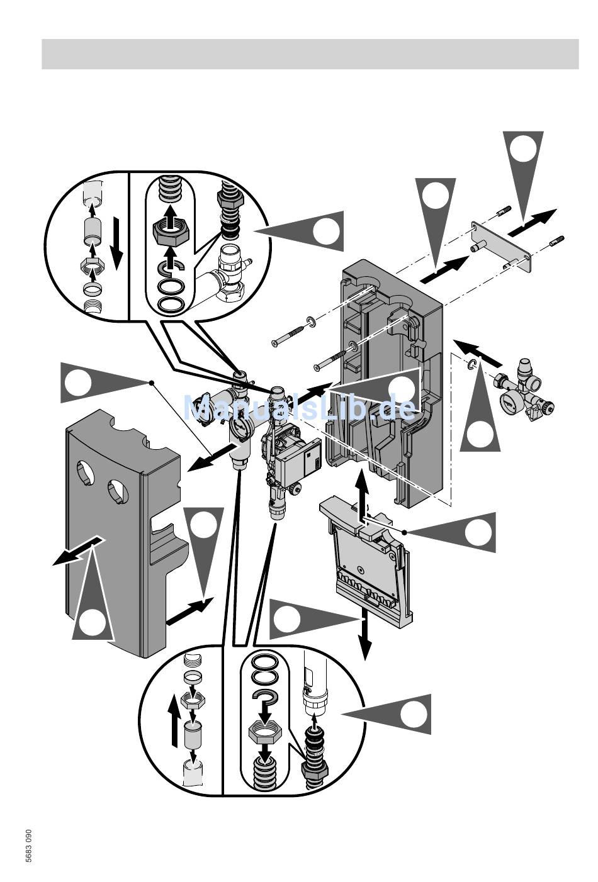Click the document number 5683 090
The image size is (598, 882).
pos(29,847)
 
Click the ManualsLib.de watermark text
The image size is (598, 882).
pos(300,408)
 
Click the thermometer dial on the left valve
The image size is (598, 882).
pos(240,427)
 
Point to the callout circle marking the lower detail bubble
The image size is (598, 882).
pos(414,715)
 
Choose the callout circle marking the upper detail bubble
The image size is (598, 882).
pos(326,232)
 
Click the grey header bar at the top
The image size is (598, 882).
pos(310,53)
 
